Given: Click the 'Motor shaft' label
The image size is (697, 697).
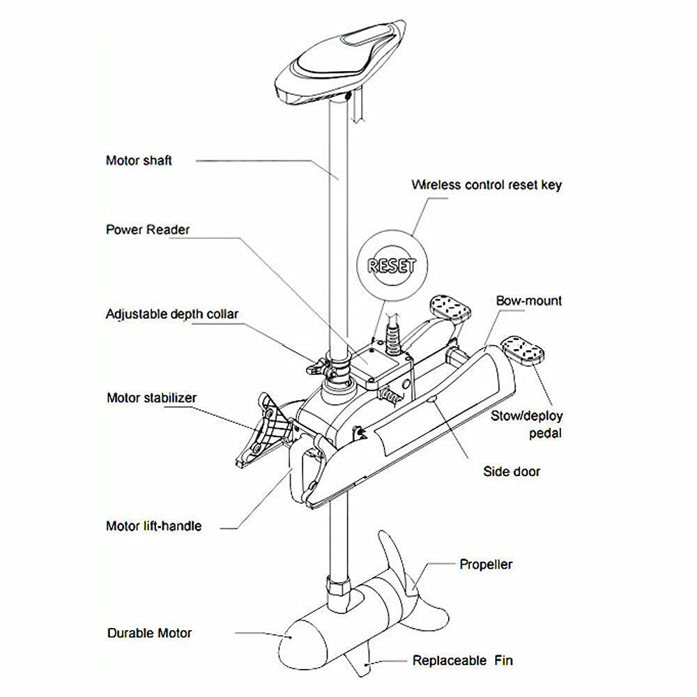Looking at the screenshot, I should [x=138, y=160].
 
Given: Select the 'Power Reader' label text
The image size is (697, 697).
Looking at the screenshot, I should [x=147, y=229].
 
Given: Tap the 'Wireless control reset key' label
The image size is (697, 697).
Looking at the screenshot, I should [x=486, y=185].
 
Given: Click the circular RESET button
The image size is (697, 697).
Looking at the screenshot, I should [x=391, y=265].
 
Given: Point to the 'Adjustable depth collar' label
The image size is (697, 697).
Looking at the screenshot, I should [x=171, y=314].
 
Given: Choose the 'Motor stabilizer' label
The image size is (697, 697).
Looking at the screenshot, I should [x=151, y=398].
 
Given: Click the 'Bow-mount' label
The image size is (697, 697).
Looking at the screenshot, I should [x=528, y=301].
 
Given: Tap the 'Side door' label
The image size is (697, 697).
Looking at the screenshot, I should [x=512, y=471].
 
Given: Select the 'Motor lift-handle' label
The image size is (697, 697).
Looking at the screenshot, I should [x=153, y=526].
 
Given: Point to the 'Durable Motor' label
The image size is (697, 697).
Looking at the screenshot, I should [x=149, y=633].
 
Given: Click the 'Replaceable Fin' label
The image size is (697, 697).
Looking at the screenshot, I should [x=463, y=660].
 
